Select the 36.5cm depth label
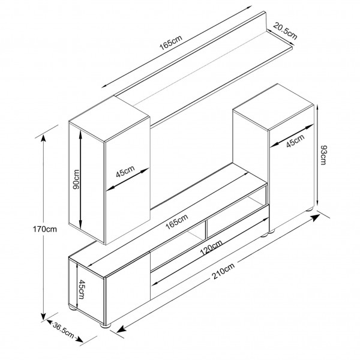[x=62, y=331]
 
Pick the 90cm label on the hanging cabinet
[x=77, y=179]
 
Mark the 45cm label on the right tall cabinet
[x=294, y=142]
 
